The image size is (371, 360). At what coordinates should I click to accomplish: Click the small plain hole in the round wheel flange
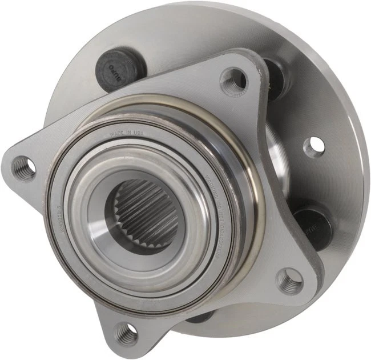(x=313, y=146)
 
